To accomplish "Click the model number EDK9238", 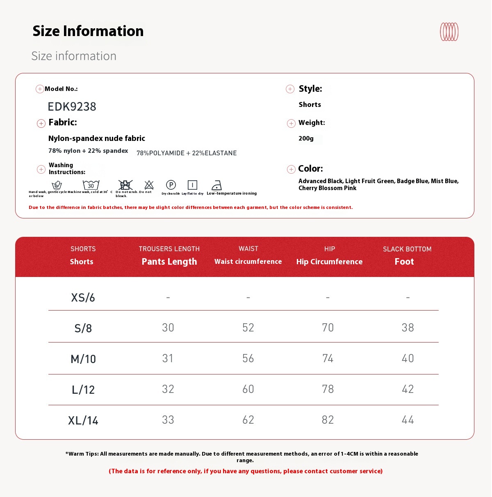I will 72,107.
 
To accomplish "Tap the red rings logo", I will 449,32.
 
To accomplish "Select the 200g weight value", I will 306,138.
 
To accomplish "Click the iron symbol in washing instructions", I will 216,185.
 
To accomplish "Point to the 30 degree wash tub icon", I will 91,185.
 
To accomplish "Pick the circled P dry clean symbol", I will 171,185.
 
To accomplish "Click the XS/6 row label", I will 83,297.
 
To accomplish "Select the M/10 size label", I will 83,359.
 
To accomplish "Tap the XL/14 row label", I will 83,420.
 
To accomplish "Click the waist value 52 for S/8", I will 248,327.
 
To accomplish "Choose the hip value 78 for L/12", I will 328,389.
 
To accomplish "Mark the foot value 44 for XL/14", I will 408,420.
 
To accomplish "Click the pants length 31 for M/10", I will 168,358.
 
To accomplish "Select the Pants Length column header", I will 169,261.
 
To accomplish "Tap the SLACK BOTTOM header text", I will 407,249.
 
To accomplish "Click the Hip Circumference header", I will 329,261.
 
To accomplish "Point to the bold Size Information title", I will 88,31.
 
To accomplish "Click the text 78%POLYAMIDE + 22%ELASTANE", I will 187,153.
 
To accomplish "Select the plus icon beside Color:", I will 291,169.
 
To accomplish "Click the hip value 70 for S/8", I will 328,327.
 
